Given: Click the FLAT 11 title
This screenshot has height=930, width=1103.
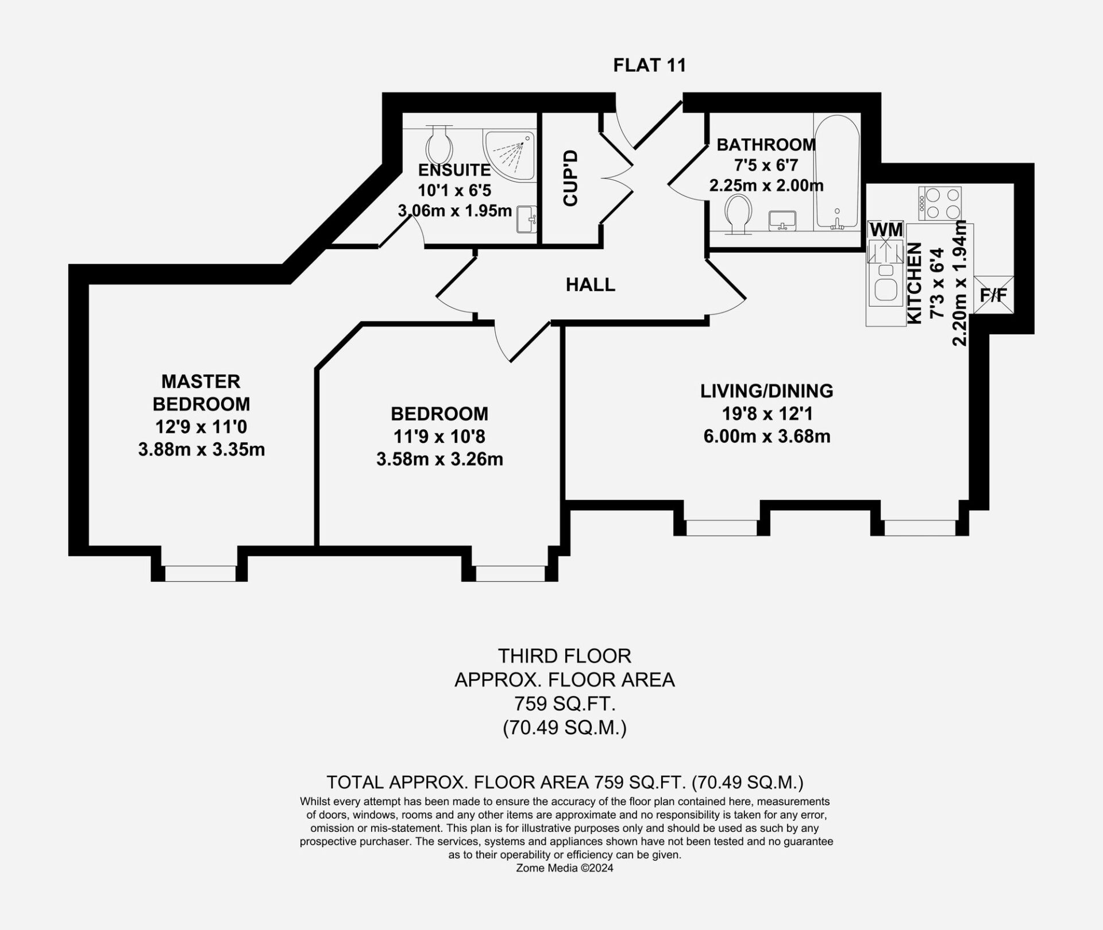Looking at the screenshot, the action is pyautogui.click(x=650, y=65).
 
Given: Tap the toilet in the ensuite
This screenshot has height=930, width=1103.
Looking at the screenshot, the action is pyautogui.click(x=439, y=145).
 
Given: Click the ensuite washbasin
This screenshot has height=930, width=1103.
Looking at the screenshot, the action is pyautogui.click(x=527, y=219).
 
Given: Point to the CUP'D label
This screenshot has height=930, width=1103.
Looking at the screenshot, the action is pyautogui.click(x=570, y=178).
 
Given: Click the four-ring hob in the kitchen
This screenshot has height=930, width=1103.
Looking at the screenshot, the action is pyautogui.click(x=939, y=203).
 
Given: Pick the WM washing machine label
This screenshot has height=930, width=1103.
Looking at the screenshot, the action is pyautogui.click(x=886, y=229).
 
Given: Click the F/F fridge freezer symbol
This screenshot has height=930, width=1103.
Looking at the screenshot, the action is pyautogui.click(x=993, y=295).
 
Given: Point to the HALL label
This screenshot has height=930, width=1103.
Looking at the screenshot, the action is pyautogui.click(x=591, y=284).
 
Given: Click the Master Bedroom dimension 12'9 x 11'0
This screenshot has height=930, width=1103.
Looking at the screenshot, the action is pyautogui.click(x=201, y=427).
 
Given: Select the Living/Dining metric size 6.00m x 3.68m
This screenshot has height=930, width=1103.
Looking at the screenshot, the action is pyautogui.click(x=767, y=437).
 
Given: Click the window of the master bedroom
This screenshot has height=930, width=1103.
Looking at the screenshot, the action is pyautogui.click(x=200, y=573).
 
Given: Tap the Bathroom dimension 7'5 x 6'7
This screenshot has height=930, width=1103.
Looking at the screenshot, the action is pyautogui.click(x=766, y=165).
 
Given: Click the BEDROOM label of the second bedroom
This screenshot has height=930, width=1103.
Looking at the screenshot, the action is pyautogui.click(x=439, y=414).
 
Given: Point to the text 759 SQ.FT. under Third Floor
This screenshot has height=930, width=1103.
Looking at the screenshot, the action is pyautogui.click(x=565, y=704).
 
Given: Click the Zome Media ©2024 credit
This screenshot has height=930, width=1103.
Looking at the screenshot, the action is pyautogui.click(x=565, y=868).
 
